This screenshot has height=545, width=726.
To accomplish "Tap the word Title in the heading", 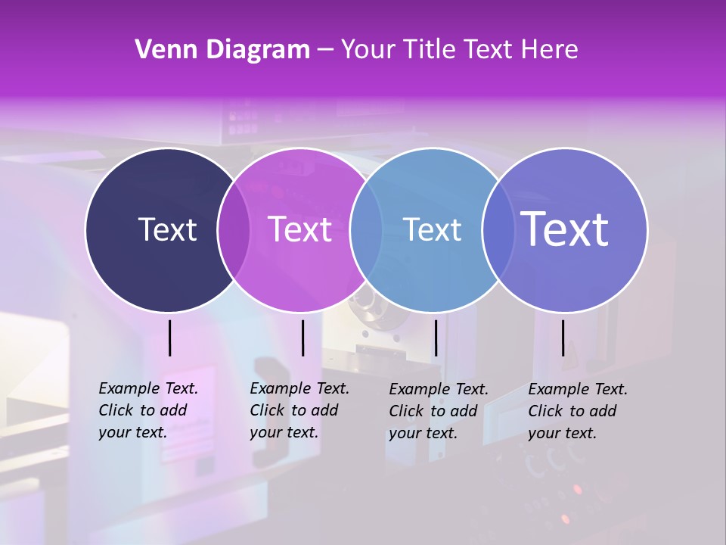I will coord(432,50).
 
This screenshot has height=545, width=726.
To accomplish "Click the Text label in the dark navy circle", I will coord(167,229).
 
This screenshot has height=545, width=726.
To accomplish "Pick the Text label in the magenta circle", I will coord(300,229).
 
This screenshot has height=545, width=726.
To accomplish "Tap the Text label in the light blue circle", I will coord(433,229).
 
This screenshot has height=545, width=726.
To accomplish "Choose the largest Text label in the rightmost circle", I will coord(565,229).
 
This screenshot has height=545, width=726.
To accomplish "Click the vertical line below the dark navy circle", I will coord(169,338).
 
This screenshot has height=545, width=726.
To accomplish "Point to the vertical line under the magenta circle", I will coord(302,338).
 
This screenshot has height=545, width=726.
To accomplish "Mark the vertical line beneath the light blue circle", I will coord(436,338).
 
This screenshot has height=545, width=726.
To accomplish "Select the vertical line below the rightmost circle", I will coord(563,338).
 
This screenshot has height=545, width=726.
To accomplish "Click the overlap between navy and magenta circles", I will coord(234,230).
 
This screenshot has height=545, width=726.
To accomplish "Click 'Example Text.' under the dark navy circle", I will coord(148,388).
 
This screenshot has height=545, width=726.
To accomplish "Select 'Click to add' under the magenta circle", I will coord(293,410).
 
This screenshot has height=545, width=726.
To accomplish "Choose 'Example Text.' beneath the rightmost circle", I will coord(578,389).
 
